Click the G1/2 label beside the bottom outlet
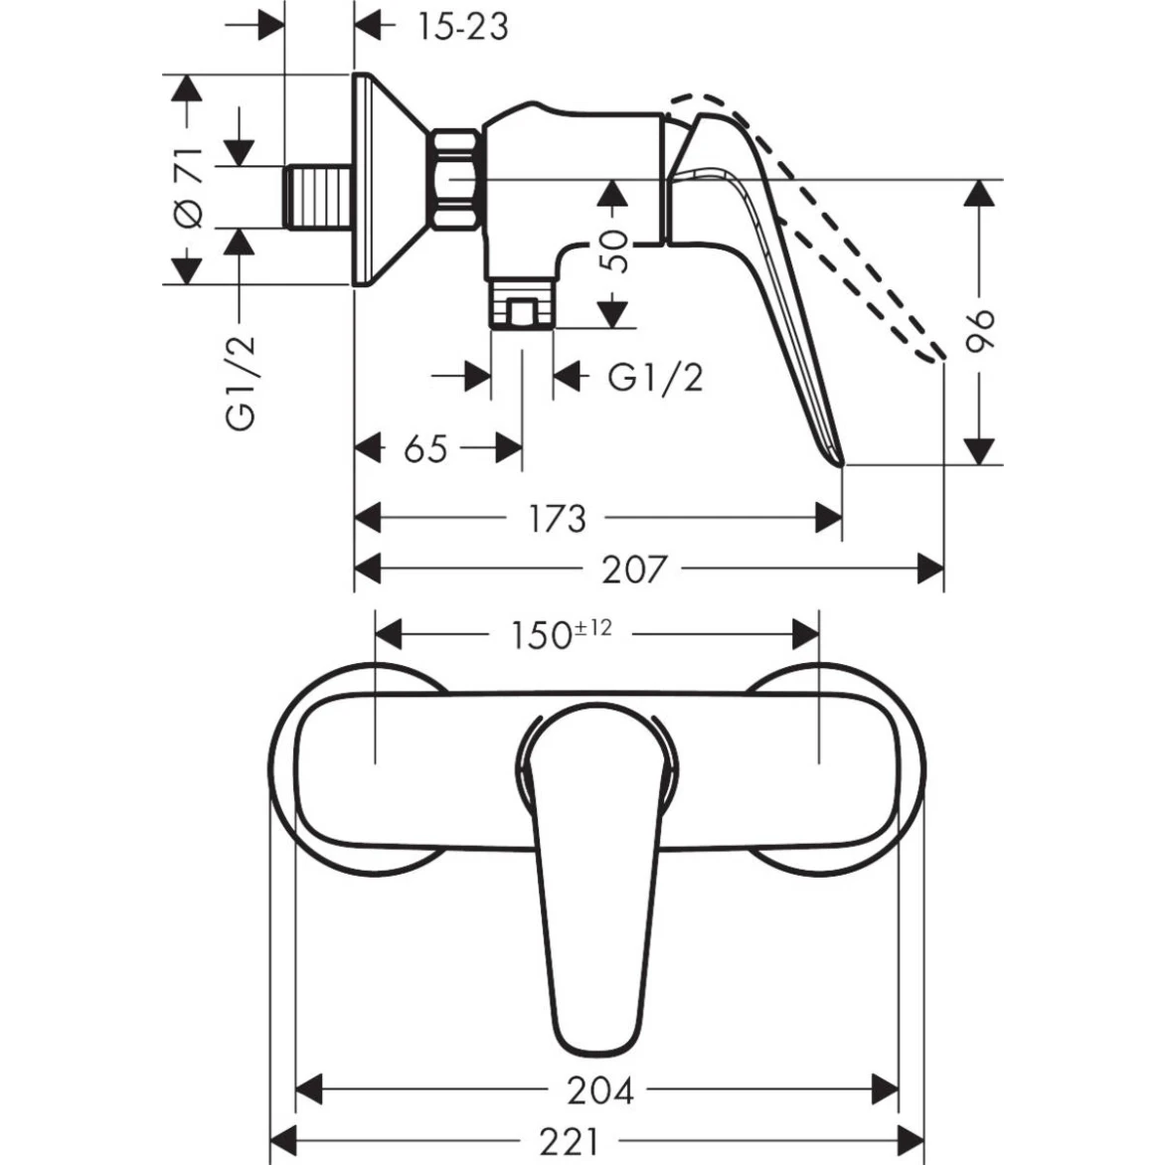point(654,378)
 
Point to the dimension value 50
point(615,251)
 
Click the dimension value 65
point(425,449)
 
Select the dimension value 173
point(557,518)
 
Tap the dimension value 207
point(633,570)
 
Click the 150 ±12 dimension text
point(559,632)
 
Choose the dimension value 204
point(599,1090)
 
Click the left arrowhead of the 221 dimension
point(284,1139)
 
